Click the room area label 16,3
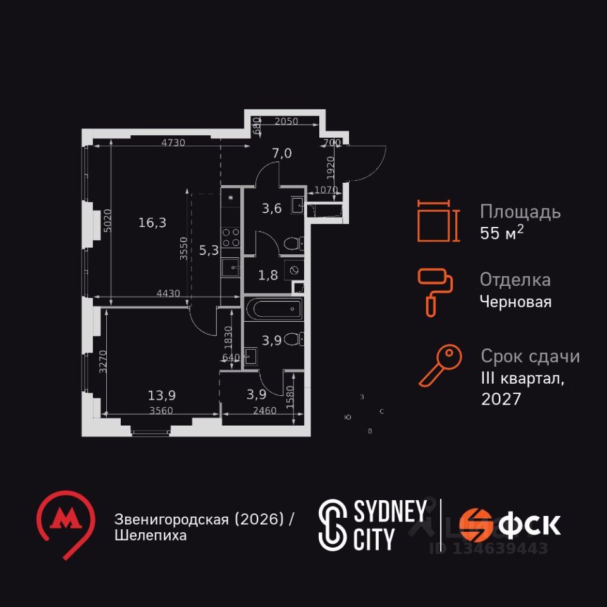pos(152,223)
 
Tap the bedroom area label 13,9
pos(162,395)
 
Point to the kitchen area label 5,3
pos(209,250)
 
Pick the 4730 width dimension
pos(173,143)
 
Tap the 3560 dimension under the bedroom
pos(161,409)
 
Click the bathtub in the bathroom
pos(274,310)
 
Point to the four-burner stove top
pos(231,236)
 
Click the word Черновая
pos(515,302)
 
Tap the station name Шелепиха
pos(150,536)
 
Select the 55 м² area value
pos(501,233)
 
